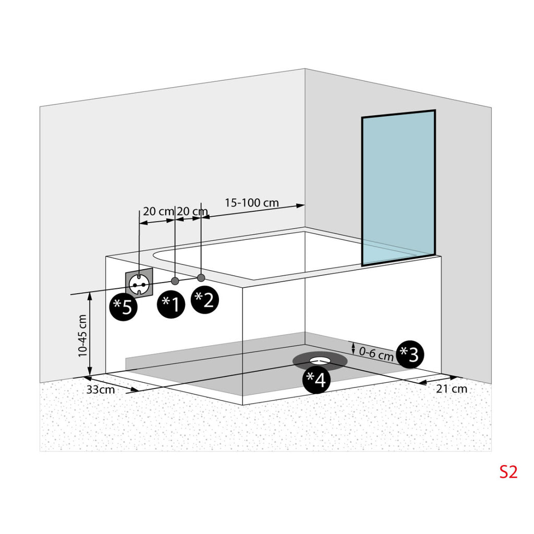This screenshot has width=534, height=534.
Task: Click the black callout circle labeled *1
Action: (x=171, y=304)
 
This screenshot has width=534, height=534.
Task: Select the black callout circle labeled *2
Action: (x=204, y=300)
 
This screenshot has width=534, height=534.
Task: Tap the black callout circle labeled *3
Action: (x=410, y=354)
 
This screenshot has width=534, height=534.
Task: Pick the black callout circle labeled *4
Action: (x=317, y=380)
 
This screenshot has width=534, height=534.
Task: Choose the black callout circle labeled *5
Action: (x=123, y=307)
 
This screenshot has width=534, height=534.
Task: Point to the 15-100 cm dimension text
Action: (x=252, y=203)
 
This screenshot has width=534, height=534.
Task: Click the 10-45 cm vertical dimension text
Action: (x=83, y=336)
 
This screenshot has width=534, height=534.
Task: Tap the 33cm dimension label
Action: (x=101, y=389)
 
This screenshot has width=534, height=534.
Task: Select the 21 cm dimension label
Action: (x=452, y=389)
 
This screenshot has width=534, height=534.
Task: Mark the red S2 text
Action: (x=508, y=472)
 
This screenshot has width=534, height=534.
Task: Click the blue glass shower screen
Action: (x=398, y=188)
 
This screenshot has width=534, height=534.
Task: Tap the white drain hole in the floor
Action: (x=320, y=360)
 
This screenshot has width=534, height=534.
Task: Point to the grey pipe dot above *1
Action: (x=175, y=281)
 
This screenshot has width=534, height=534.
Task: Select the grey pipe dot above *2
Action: (x=201, y=278)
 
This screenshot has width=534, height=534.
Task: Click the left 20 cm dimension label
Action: (x=159, y=211)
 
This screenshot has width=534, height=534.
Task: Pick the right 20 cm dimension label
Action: (x=192, y=211)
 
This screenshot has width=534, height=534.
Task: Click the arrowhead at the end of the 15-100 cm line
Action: (x=300, y=205)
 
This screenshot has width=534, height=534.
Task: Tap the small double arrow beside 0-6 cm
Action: (x=353, y=348)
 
